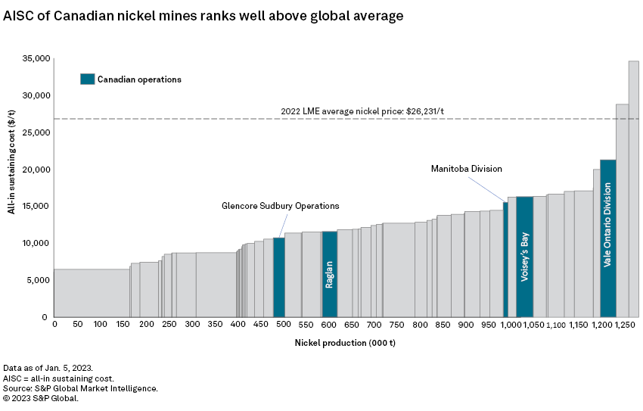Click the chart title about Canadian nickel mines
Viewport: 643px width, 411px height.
[x=203, y=15]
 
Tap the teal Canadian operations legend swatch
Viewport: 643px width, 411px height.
[x=88, y=79]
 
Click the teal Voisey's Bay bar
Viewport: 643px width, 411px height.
[x=524, y=257]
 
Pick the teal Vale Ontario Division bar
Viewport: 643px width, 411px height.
[x=607, y=238]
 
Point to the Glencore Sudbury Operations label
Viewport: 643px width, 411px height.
[x=280, y=206]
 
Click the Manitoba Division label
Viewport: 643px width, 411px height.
[x=466, y=168]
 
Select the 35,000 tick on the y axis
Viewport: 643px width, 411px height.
[x=36, y=58]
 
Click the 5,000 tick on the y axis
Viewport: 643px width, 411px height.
[x=38, y=280]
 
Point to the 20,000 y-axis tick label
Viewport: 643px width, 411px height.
[x=36, y=170]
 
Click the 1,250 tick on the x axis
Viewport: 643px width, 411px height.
[x=626, y=325]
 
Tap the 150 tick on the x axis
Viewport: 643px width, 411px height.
[x=123, y=325]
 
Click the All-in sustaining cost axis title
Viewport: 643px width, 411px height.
[x=12, y=162]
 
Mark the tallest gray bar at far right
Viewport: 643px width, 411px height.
[x=633, y=189]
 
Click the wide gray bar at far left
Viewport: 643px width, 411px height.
[x=92, y=293]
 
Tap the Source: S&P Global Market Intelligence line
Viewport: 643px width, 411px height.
[x=80, y=388]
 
